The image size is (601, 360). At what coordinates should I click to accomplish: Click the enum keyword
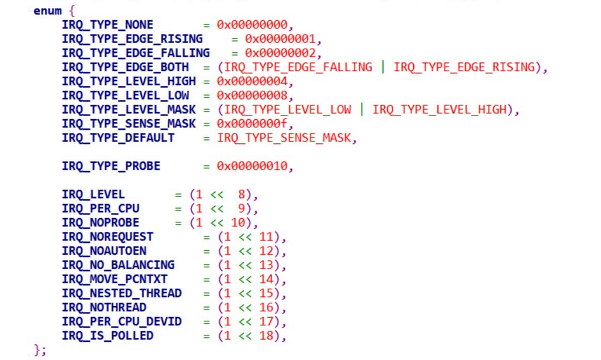coord(47,11)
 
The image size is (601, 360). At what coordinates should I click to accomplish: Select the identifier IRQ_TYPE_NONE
coord(107,25)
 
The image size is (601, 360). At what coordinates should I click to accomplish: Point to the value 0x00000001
coord(279,39)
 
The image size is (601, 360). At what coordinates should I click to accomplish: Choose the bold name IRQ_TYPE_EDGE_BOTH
coord(125,67)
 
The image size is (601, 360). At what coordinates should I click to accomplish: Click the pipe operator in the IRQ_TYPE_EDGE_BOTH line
coord(382,67)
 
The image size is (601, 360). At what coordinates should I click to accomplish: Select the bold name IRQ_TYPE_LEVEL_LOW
coord(125,96)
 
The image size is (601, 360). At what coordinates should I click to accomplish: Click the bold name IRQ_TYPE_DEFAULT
coord(118,138)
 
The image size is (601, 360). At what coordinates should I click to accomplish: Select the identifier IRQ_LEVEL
coord(93,194)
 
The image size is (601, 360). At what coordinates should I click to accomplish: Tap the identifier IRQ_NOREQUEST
coord(107,237)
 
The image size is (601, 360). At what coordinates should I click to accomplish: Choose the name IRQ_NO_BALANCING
coord(118,265)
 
